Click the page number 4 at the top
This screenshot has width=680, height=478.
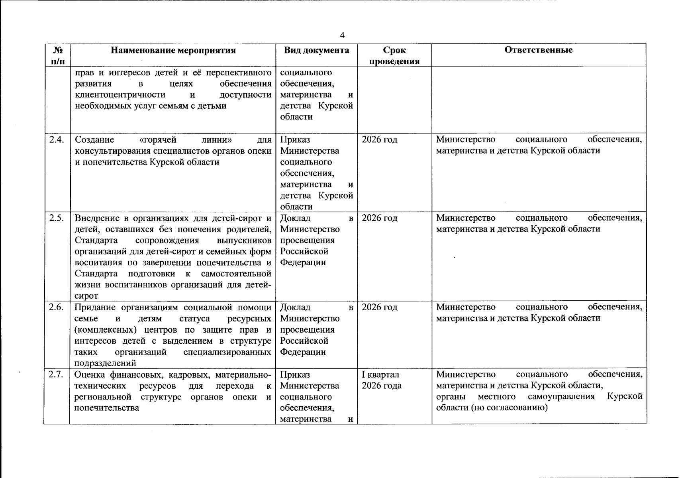(342, 35)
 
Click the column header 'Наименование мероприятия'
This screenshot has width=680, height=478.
(173, 50)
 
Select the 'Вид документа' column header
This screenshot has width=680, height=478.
(316, 50)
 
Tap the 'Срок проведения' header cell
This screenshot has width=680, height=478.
(394, 55)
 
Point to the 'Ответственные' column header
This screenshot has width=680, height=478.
(538, 50)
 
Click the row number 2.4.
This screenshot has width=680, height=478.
(57, 139)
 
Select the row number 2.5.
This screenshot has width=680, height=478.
(57, 218)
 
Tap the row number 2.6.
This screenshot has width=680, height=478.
(57, 307)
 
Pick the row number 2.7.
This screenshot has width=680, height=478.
(57, 374)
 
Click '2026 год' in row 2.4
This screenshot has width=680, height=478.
(379, 140)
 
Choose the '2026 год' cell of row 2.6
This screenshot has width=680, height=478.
(379, 308)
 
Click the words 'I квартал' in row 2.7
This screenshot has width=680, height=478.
(380, 375)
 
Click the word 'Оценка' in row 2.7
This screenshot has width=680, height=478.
(88, 375)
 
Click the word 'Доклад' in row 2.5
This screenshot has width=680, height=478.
(295, 218)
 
